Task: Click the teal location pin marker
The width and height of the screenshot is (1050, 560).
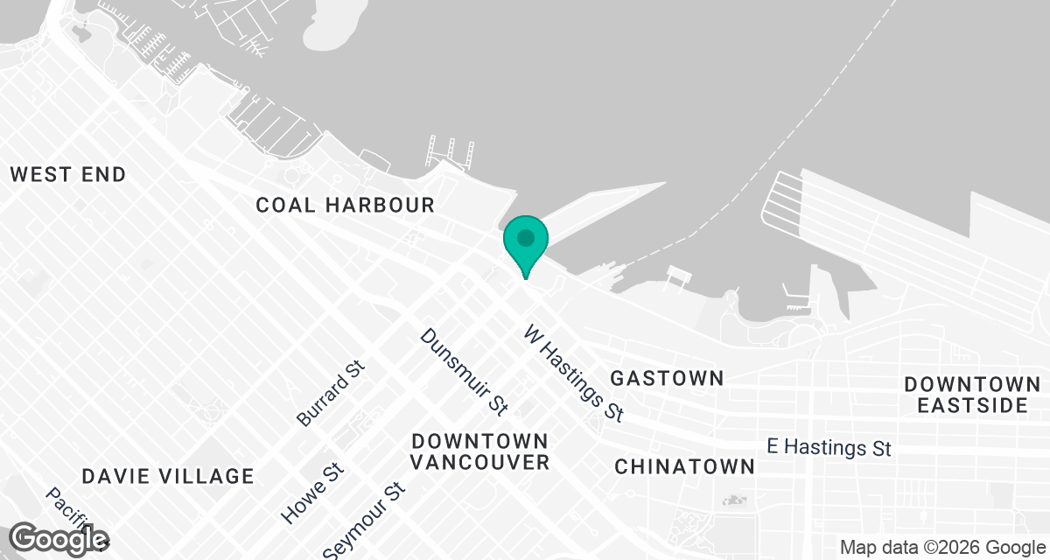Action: [525, 241]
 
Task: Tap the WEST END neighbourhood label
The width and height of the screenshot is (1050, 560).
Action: [68, 174]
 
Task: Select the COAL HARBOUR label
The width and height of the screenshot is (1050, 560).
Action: [345, 206]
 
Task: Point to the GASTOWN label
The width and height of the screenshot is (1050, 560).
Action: [667, 378]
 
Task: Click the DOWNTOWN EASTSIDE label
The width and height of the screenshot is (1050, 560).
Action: [972, 395]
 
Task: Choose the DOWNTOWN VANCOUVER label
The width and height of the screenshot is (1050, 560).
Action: [480, 451]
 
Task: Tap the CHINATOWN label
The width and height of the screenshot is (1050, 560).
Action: [684, 466]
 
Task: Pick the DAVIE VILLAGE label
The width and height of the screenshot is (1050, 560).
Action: [168, 476]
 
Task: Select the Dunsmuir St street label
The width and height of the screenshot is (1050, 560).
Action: [464, 371]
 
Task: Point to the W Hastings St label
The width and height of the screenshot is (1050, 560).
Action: [574, 373]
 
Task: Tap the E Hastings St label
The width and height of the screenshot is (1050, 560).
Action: [829, 446]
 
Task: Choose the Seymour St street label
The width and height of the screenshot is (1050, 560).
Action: [365, 521]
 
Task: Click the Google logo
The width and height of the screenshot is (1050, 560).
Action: [59, 539]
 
